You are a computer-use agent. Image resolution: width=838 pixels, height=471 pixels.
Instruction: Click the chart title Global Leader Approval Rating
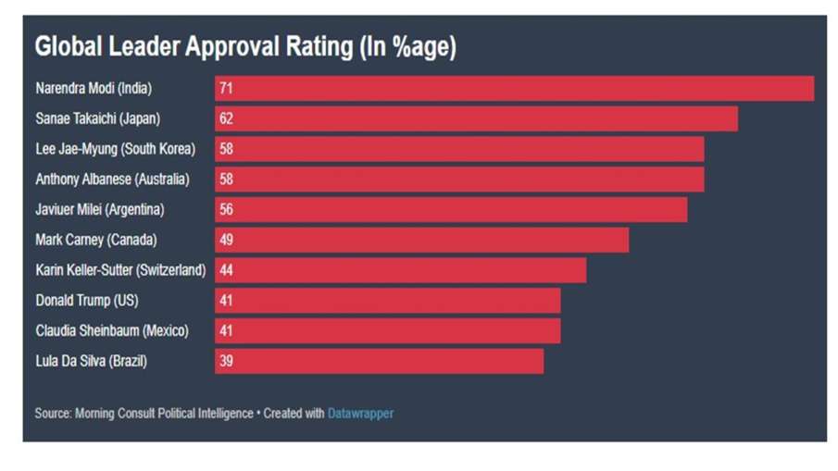(245, 47)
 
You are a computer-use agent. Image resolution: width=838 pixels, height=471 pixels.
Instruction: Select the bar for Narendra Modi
(514, 89)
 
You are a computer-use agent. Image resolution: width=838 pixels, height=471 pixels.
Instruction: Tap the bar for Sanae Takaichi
(476, 118)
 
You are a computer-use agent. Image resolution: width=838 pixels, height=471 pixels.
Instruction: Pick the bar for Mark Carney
(421, 241)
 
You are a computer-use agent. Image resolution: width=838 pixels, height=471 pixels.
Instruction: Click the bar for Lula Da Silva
(379, 362)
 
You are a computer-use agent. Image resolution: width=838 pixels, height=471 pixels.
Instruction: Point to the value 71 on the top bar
(226, 89)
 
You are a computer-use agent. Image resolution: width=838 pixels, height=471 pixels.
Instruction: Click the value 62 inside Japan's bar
(226, 119)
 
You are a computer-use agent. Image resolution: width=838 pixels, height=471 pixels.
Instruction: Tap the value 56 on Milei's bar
(226, 210)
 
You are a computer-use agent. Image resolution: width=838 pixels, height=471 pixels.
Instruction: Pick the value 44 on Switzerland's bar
(226, 270)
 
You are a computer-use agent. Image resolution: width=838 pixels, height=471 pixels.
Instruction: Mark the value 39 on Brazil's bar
(226, 362)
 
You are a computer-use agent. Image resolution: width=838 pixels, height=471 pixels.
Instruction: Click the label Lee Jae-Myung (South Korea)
(116, 149)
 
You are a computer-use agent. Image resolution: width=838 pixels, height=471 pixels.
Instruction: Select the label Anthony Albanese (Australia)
(112, 180)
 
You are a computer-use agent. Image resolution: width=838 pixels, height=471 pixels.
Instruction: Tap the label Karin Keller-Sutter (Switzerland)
(120, 270)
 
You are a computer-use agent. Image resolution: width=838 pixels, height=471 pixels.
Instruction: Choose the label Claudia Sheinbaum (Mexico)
(112, 331)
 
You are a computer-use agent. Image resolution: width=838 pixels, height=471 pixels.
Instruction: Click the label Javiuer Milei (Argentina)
(100, 210)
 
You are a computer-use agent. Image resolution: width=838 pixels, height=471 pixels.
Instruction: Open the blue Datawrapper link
(360, 414)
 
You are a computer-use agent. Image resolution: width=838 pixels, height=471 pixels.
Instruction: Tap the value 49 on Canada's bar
(226, 241)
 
